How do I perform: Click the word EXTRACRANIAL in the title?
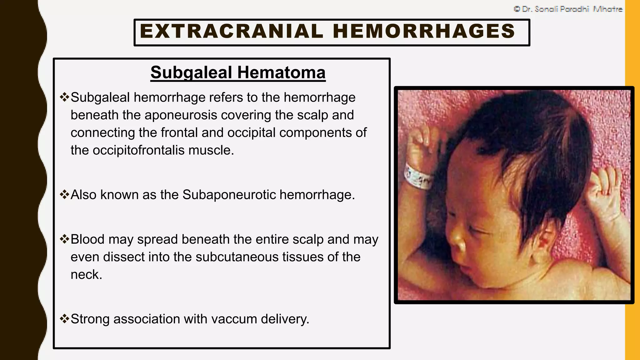tap(231, 32)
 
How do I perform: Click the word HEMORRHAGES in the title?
tap(424, 32)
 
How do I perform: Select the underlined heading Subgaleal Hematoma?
tap(238, 73)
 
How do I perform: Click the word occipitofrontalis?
tap(138, 150)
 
